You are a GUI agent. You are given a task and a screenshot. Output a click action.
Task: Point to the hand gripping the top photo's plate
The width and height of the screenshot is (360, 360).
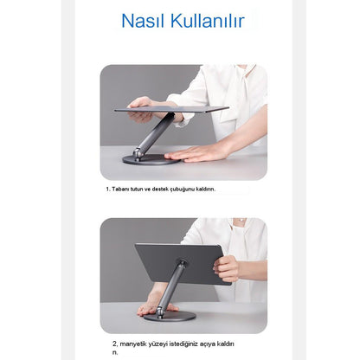click(x=142, y=107)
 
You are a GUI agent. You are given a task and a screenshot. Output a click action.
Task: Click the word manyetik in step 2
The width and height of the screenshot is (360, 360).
click(x=125, y=342)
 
